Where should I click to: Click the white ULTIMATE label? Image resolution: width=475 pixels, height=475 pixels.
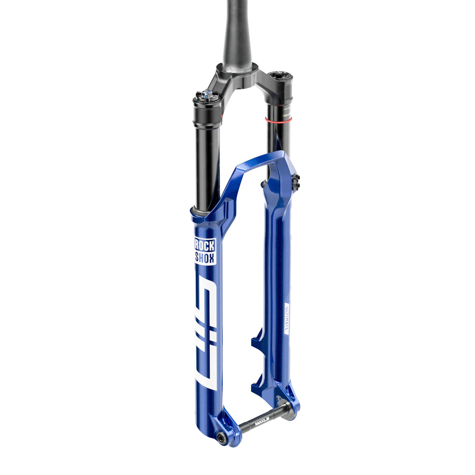(286, 318)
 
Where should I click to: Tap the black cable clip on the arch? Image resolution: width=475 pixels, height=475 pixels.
(296, 181)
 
